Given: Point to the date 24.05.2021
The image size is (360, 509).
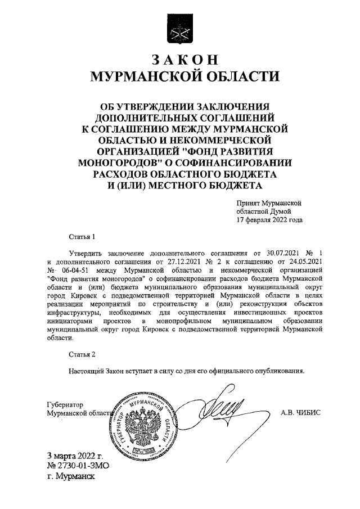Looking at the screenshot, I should click(304, 262).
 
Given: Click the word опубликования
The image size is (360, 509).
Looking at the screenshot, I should click(278, 371).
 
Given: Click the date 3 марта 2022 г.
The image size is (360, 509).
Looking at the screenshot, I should click(76, 455).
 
